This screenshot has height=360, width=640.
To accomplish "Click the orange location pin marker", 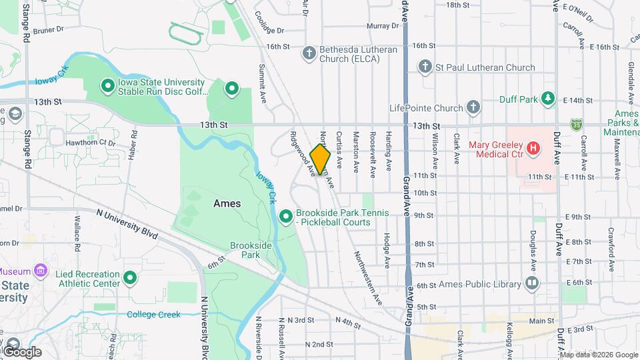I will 320,159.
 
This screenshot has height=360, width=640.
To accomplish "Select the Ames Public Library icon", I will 531,284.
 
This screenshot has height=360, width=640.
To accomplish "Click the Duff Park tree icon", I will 548,99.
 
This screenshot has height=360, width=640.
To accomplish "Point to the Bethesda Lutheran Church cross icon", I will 308,53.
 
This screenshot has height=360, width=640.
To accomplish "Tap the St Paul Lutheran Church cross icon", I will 425,67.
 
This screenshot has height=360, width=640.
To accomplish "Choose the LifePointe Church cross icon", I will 473,107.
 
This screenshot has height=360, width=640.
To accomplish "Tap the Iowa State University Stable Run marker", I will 107,86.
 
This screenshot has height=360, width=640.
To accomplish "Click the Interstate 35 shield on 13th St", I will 576,124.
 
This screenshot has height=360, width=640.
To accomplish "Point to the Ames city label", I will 227,203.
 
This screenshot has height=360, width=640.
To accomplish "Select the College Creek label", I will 153,314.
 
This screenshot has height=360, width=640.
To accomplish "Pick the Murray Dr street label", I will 383,26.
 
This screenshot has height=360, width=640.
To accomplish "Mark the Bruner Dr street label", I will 47,30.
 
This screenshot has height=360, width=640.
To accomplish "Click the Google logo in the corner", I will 21,351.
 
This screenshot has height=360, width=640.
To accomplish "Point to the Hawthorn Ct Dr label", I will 91,143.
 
